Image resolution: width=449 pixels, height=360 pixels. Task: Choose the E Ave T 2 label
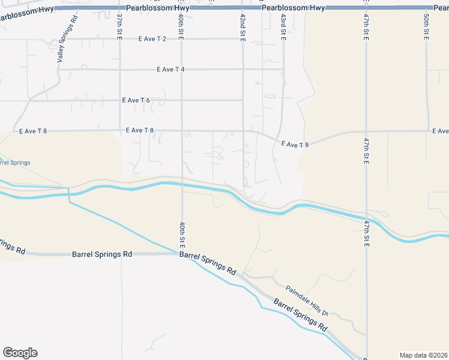pos(152,38)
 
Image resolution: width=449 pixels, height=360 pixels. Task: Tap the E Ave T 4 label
pos(170,70)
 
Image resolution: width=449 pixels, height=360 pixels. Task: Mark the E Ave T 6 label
pos(136,100)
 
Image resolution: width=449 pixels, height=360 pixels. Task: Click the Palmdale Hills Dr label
pos(307,301)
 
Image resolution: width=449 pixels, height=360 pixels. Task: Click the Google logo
pos(20,353)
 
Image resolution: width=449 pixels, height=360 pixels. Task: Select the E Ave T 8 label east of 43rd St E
pos(295,144)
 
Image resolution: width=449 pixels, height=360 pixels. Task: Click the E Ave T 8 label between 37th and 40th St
pos(140,130)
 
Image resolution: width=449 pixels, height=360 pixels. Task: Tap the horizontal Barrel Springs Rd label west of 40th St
pos(101,254)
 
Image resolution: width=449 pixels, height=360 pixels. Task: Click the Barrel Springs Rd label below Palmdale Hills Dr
pos(300,315)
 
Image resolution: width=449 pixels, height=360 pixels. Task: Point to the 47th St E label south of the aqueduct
pos(366,232)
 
